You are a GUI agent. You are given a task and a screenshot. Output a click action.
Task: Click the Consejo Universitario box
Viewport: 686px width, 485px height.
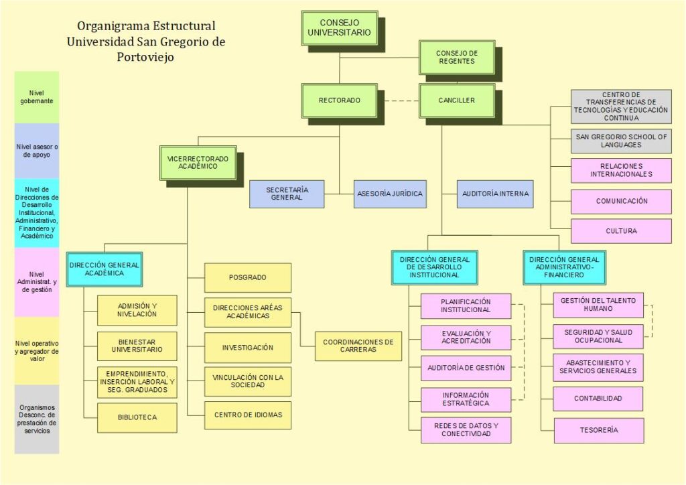point(339,27)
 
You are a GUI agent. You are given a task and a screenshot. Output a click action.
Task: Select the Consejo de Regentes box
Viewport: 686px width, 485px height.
point(456,57)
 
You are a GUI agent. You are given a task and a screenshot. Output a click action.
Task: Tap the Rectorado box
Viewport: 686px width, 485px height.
point(339,100)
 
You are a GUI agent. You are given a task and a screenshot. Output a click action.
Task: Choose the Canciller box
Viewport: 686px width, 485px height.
point(456,100)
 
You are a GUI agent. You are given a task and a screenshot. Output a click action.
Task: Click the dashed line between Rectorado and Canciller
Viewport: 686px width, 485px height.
point(398,100)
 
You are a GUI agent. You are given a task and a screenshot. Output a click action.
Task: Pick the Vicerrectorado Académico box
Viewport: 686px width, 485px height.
point(198,162)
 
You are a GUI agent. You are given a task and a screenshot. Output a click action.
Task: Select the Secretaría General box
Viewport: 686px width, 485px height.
point(287,194)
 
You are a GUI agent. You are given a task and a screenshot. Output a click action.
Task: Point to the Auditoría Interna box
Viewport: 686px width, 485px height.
point(495,194)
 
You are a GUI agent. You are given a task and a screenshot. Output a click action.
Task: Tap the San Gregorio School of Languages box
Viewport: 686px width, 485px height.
point(621,141)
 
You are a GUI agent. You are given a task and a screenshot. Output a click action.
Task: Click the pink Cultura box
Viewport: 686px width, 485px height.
point(621,231)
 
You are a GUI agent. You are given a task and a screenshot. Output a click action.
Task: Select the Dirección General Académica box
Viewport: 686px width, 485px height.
point(104,269)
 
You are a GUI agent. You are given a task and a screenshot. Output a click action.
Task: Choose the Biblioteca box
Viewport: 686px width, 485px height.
point(137,417)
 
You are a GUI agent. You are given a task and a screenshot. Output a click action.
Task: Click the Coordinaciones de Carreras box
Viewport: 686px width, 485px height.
point(358,346)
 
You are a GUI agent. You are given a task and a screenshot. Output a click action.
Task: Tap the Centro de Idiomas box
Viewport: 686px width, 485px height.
point(248,415)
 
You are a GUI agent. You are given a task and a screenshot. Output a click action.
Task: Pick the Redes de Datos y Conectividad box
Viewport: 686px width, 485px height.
point(466,429)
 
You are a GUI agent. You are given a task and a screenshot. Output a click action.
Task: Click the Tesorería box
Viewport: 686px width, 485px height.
point(598,430)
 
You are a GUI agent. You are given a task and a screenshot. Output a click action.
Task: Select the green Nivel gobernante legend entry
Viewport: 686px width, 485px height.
point(37,97)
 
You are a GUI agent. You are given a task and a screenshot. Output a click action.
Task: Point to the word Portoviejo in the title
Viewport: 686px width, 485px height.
point(145,57)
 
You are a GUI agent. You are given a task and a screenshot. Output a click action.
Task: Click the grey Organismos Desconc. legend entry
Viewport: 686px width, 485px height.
point(37,419)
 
